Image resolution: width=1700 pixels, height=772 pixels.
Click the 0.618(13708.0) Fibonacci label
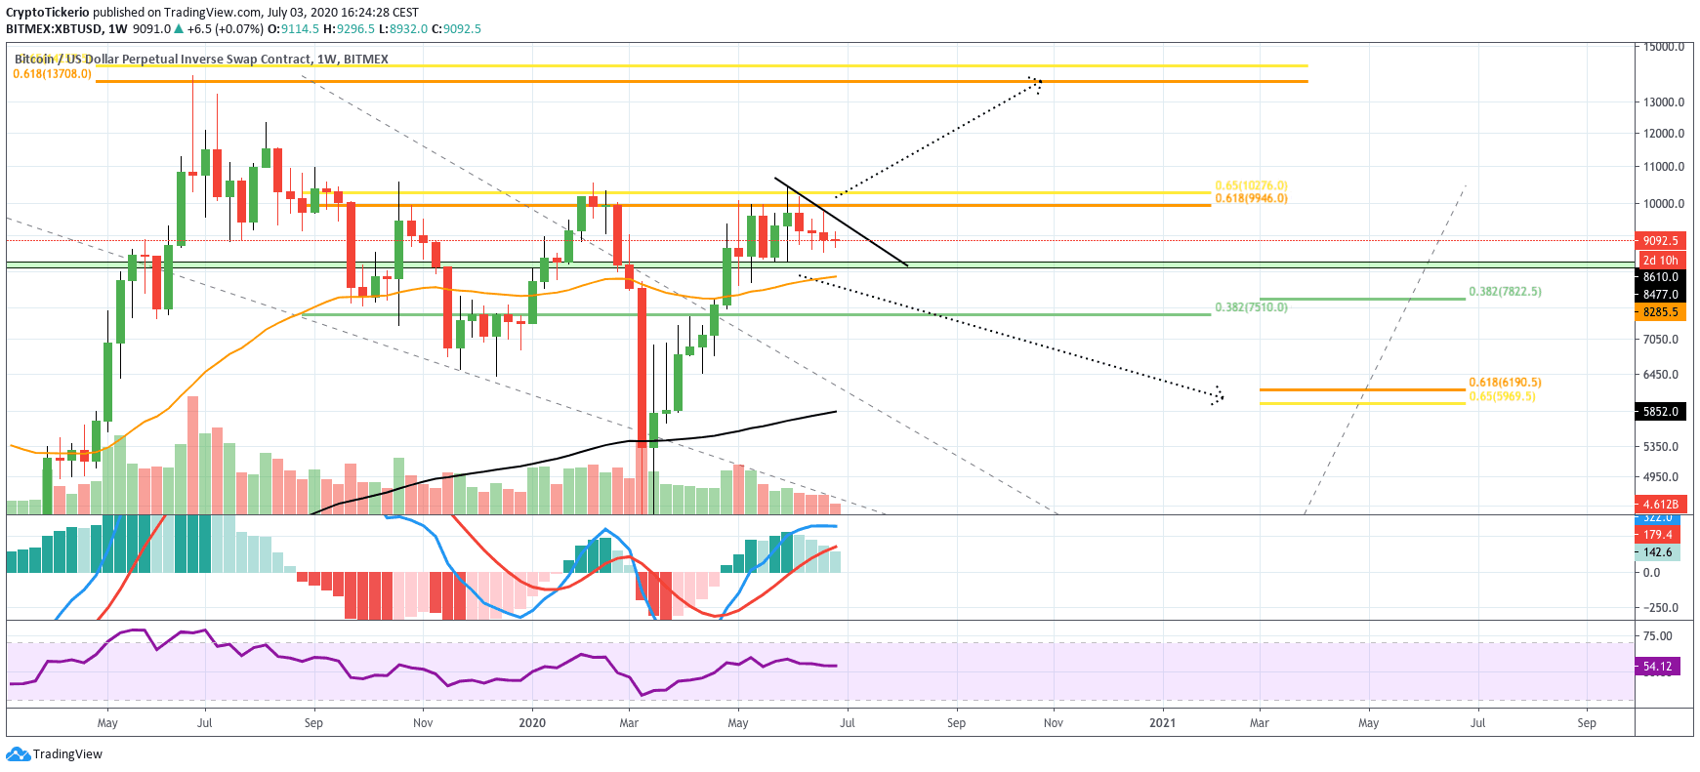pyautogui.click(x=53, y=74)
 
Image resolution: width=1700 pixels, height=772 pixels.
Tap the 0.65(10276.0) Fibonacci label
pyautogui.click(x=1251, y=185)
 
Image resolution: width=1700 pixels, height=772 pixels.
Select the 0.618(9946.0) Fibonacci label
pyautogui.click(x=1251, y=198)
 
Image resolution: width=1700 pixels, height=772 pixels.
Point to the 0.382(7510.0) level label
pyautogui.click(x=1251, y=307)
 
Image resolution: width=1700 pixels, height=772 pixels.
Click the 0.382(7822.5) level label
pyautogui.click(x=1505, y=292)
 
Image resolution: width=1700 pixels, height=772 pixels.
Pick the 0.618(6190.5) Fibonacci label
pyautogui.click(x=1505, y=383)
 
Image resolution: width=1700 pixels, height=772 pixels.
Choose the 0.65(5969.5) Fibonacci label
pyautogui.click(x=1502, y=396)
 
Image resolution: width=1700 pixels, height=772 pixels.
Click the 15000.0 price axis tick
pyautogui.click(x=1664, y=47)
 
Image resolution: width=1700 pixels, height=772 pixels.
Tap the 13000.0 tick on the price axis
pyautogui.click(x=1664, y=102)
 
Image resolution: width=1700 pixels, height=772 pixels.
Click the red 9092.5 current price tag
pyautogui.click(x=1660, y=240)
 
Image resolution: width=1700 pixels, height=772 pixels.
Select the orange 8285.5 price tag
pyautogui.click(x=1660, y=312)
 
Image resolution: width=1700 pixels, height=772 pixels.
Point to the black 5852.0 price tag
pyautogui.click(x=1660, y=412)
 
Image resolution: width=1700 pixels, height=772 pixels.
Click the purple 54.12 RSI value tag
pyautogui.click(x=1657, y=667)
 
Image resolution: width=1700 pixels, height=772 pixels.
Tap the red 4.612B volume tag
pyautogui.click(x=1660, y=505)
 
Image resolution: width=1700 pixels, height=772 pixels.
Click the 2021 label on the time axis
pyautogui.click(x=1162, y=723)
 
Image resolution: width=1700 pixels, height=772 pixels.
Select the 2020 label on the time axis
pyautogui.click(x=532, y=723)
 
